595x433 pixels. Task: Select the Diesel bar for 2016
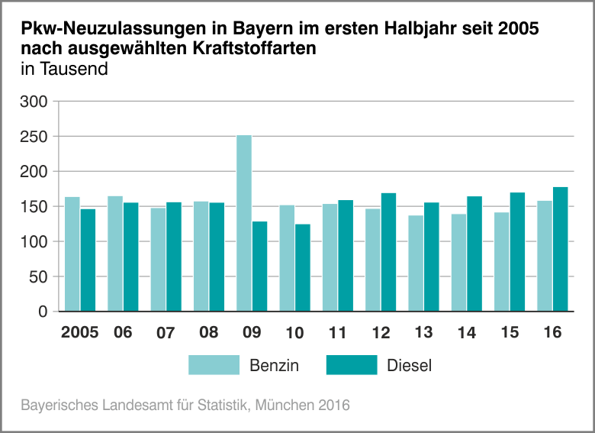pyautogui.click(x=561, y=249)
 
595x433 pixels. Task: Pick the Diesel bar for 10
pyautogui.click(x=303, y=267)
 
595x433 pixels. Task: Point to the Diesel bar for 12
pyautogui.click(x=389, y=252)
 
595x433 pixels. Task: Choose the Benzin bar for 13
pyautogui.click(x=416, y=263)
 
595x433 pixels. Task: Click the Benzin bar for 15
pyautogui.click(x=502, y=262)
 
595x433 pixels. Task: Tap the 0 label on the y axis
pyautogui.click(x=43, y=312)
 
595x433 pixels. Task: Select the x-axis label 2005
pyautogui.click(x=80, y=333)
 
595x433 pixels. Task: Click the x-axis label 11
pyautogui.click(x=338, y=333)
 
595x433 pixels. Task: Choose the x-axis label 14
pyautogui.click(x=467, y=333)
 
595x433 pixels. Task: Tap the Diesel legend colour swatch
pyautogui.click(x=352, y=365)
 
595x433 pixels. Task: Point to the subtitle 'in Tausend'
pyautogui.click(x=65, y=69)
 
